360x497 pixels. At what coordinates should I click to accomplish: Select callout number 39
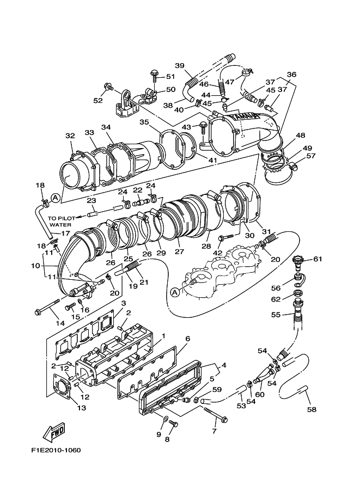pyautogui.click(x=179, y=66)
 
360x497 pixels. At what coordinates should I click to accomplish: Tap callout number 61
pyautogui.click(x=318, y=259)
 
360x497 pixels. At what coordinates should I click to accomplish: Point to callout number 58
pyautogui.click(x=311, y=409)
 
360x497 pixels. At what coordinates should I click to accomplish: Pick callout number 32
pyautogui.click(x=70, y=136)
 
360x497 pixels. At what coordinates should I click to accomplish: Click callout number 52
pyautogui.click(x=97, y=100)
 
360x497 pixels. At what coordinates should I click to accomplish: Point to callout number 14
pyautogui.click(x=60, y=323)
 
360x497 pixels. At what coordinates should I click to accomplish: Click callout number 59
pyautogui.click(x=217, y=389)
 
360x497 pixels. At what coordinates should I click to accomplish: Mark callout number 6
pyautogui.click(x=187, y=338)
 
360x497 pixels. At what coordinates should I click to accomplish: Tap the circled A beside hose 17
pyautogui.click(x=55, y=197)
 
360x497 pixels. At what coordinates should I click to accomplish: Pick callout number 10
pyautogui.click(x=35, y=266)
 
